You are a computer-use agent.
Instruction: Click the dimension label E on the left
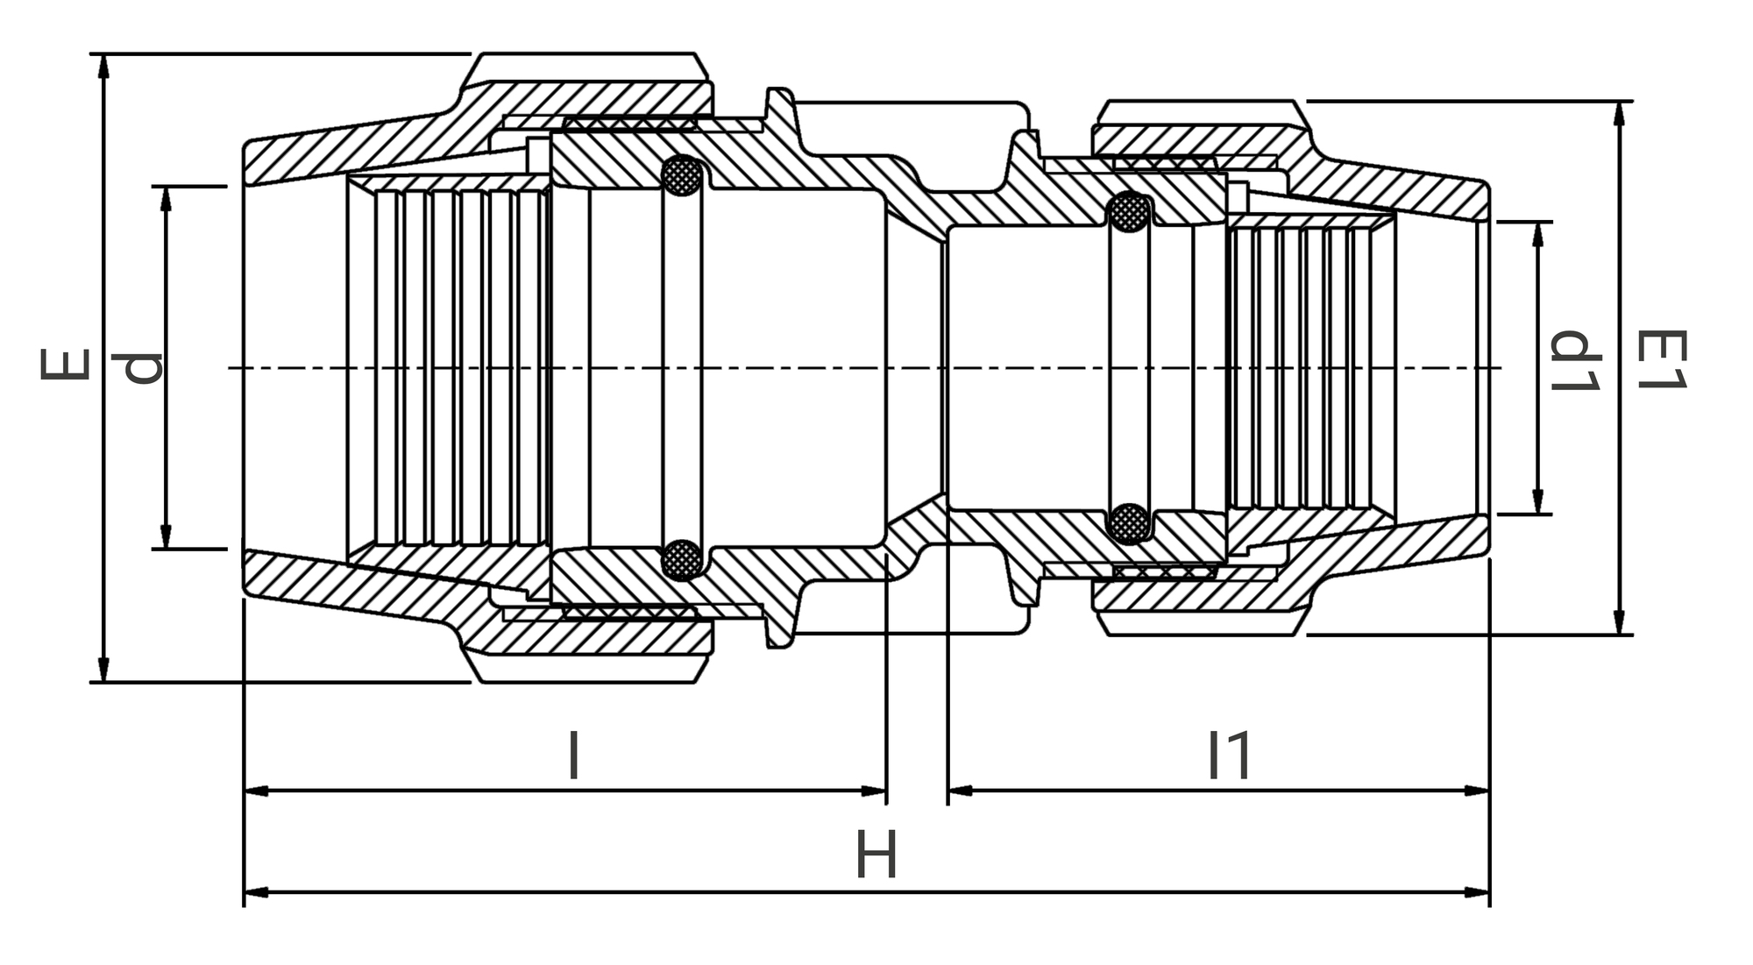(66, 365)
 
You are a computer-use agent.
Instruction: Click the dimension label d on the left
(142, 367)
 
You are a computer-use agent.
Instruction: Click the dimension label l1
(1230, 756)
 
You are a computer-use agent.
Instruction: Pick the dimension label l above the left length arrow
(573, 756)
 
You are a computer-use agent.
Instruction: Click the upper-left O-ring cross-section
(681, 178)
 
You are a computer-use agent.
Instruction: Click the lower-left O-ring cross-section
(681, 558)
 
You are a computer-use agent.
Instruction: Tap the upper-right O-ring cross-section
(1129, 212)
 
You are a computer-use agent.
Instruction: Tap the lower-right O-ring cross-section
(1129, 523)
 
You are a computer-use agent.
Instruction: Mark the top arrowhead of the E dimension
(103, 63)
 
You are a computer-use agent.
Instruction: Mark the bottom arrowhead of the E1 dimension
(1620, 625)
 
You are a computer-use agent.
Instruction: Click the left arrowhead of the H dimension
(254, 892)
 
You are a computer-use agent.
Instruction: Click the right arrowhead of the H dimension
(1480, 892)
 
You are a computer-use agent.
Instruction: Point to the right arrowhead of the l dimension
(876, 791)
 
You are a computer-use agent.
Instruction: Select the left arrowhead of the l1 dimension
(959, 791)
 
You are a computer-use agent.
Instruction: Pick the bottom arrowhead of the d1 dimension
(1537, 505)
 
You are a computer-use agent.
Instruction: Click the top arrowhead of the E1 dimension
(1620, 111)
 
